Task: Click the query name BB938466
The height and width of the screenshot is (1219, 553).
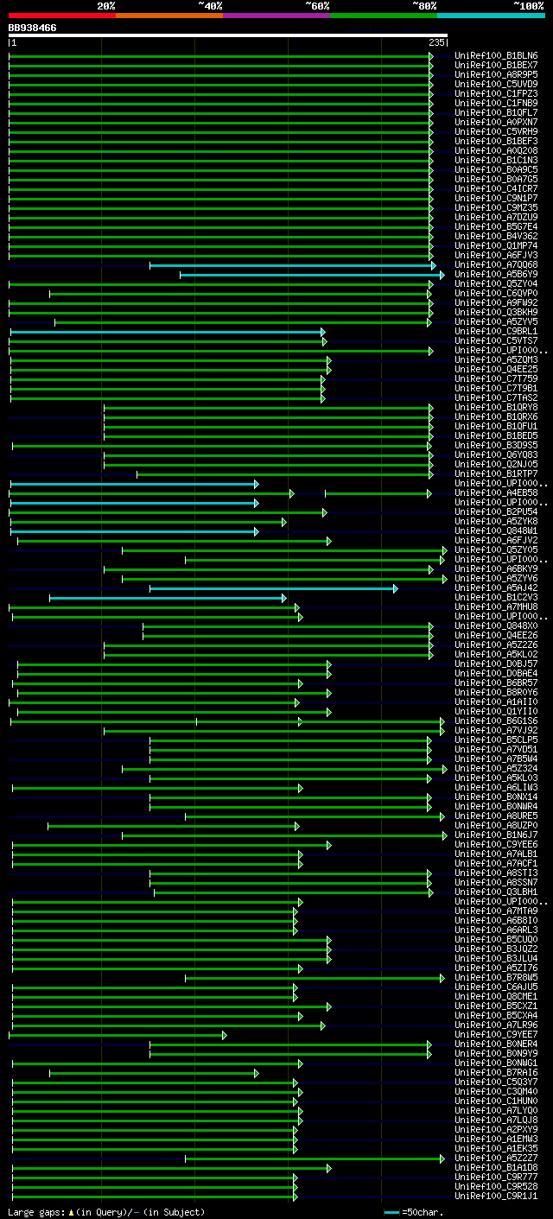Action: coord(32,28)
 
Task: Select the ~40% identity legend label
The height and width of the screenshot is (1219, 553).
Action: coord(210,5)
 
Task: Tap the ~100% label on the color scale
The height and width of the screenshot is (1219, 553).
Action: coord(528,5)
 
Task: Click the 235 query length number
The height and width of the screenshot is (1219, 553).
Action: coord(435,41)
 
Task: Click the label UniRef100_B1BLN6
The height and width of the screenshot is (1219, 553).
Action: coord(496,56)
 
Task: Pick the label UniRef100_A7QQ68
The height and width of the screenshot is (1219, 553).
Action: coord(496,265)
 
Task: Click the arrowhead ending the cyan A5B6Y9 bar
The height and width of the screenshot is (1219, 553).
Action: coord(442,275)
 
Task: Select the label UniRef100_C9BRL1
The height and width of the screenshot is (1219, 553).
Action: coord(496,332)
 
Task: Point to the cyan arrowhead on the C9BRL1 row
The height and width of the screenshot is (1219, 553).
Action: coord(323,332)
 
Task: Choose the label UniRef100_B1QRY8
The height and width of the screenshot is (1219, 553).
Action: coord(496,408)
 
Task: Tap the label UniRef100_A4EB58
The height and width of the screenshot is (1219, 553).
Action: coord(496,493)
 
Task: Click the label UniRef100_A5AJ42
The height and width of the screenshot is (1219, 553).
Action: coord(496,588)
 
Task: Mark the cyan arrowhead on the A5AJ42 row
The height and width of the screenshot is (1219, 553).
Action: coord(395,588)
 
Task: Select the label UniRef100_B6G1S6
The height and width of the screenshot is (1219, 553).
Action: coord(496,721)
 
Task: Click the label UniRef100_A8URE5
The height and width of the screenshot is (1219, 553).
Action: coord(496,816)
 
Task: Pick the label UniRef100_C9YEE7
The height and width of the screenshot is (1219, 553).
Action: coord(496,1035)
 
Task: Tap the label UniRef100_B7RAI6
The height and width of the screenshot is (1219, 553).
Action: coord(496,1073)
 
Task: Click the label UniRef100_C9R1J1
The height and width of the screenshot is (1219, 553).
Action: coord(496,1197)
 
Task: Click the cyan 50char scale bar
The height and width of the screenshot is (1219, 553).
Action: coord(392,1212)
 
